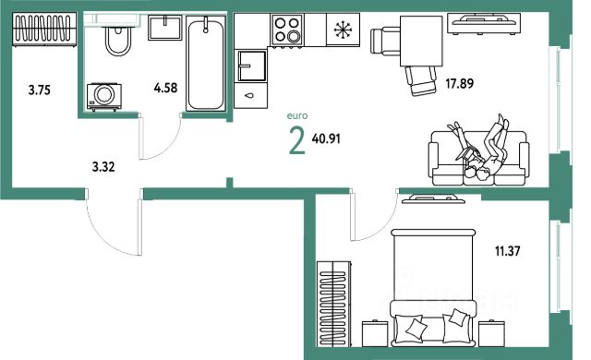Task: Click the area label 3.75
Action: tap(39, 90)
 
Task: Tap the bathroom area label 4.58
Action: tap(165, 88)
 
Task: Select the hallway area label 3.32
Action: tap(103, 166)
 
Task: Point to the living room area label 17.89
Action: tap(460, 83)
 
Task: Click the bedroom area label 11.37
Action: tap(507, 251)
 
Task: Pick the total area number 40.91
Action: tap(326, 139)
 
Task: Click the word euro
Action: tap(297, 116)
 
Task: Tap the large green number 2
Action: tap(297, 141)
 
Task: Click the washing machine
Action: tap(104, 97)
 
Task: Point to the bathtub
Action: tap(206, 64)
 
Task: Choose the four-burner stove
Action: tap(287, 30)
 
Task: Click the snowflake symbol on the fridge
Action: tap(343, 30)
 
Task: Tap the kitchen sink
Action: tap(251, 66)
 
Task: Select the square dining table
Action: tap(421, 41)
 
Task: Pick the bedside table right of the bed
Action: tap(492, 333)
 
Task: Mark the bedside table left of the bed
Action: tap(375, 333)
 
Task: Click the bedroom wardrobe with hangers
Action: tap(334, 304)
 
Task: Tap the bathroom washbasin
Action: tap(164, 27)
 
